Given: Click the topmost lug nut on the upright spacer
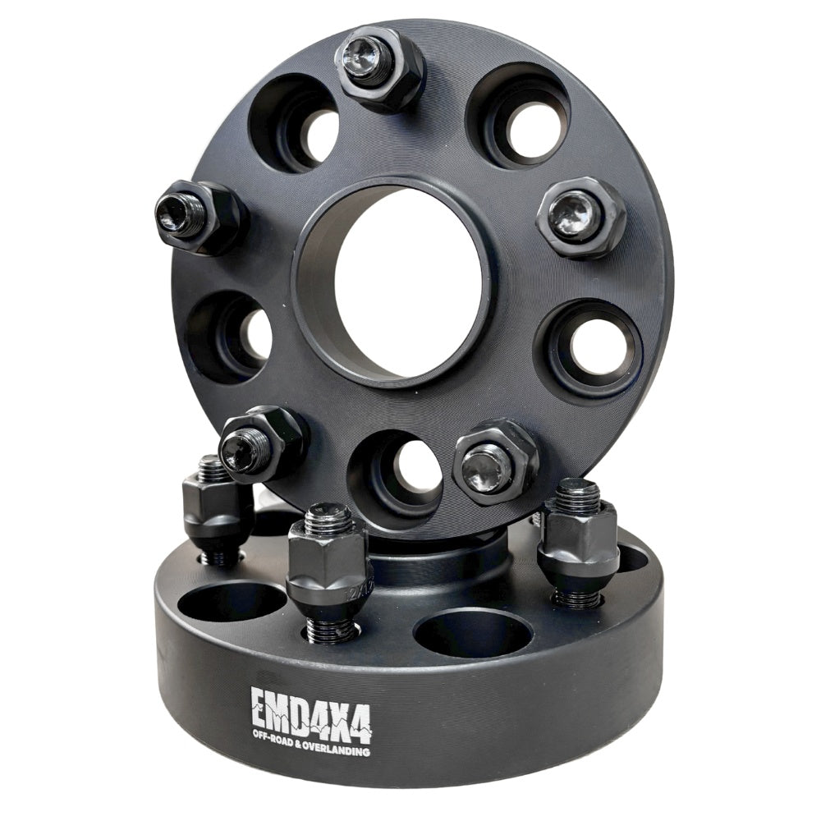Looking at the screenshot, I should [x=378, y=66].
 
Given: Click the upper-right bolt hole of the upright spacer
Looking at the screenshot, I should [x=519, y=121].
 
